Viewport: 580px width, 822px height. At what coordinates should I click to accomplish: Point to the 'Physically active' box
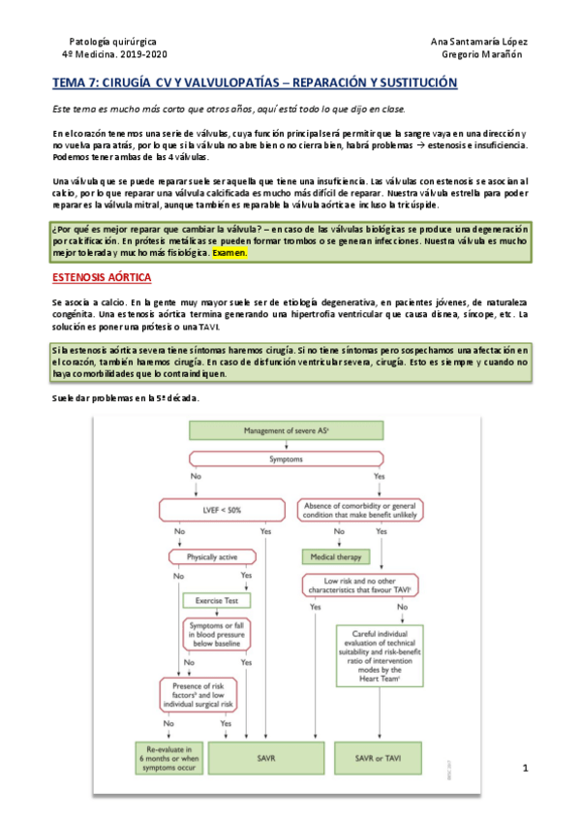coord(201,556)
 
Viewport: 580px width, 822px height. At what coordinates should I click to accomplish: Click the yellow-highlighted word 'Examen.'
coord(229,253)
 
